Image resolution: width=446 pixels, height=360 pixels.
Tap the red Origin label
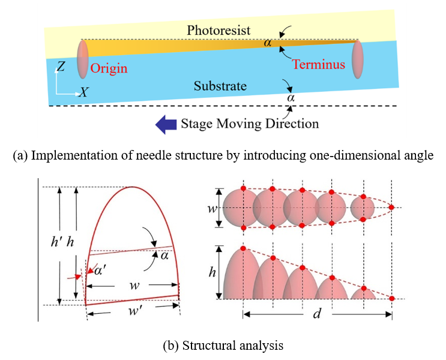click(x=109, y=68)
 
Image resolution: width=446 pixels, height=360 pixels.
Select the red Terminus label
click(x=320, y=64)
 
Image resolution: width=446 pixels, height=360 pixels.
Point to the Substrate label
click(x=220, y=86)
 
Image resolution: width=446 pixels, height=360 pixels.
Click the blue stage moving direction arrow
click(x=166, y=124)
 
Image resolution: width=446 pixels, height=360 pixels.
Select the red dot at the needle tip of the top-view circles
click(x=391, y=208)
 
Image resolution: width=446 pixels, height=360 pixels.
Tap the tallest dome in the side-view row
click(x=243, y=276)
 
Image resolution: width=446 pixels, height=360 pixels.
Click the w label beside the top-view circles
click(x=210, y=209)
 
